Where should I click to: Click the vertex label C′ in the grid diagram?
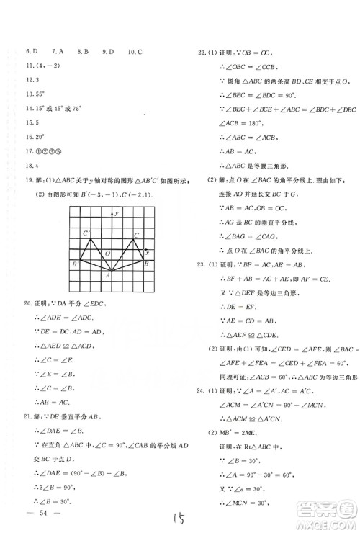tap(86, 233)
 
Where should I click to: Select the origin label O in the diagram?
tap(107, 254)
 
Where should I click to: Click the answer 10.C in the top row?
tap(135, 52)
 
